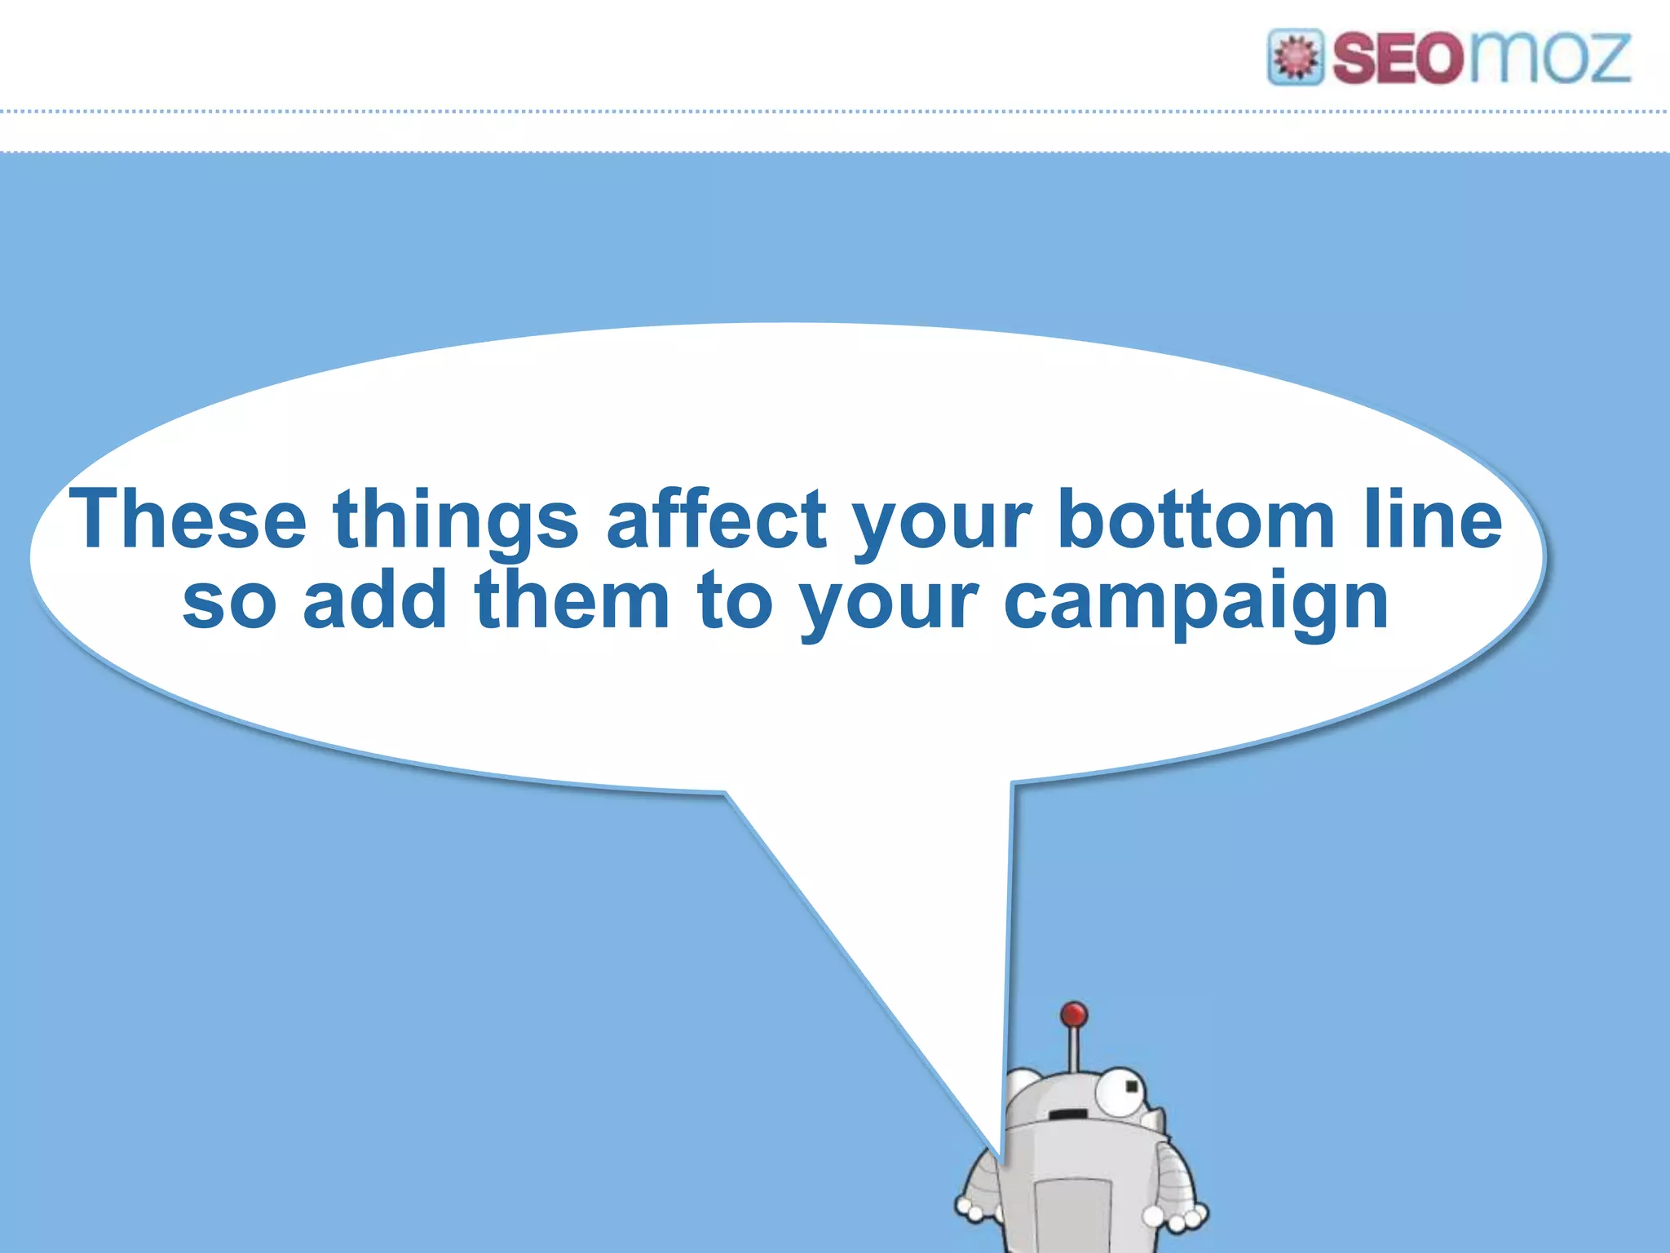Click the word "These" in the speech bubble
click(188, 519)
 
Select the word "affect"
click(717, 519)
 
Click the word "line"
click(1433, 519)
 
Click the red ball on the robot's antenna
click(1074, 1015)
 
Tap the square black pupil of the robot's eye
click(1131, 1087)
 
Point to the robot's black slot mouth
click(1067, 1114)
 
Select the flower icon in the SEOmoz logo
click(1295, 57)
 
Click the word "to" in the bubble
click(734, 601)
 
